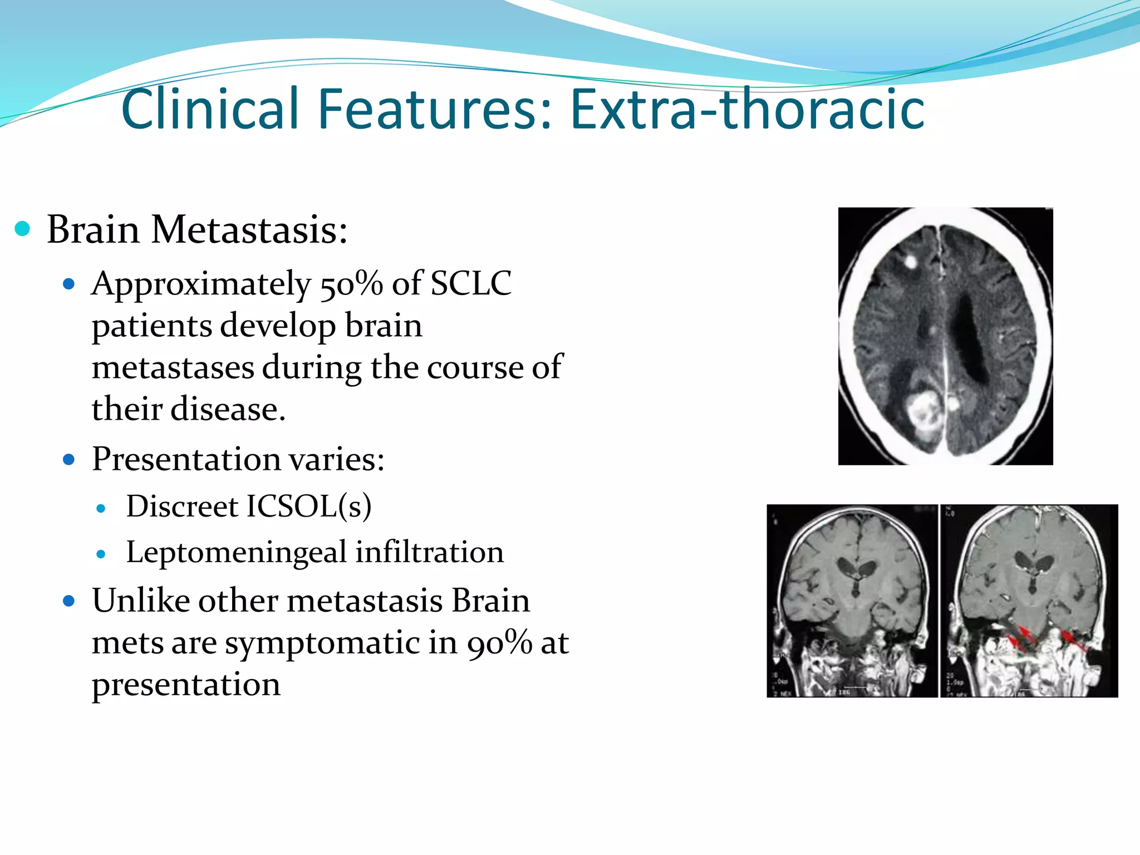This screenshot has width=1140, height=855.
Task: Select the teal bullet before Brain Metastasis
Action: [x=22, y=229]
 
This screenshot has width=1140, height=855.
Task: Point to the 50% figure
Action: [x=351, y=284]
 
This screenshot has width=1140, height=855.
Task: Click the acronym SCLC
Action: [x=471, y=284]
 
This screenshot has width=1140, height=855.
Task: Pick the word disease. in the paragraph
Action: [x=228, y=409]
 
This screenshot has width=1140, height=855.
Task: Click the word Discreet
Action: [x=182, y=507]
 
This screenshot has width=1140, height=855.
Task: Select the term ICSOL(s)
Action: [x=308, y=507]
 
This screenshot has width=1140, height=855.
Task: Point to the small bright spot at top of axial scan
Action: [x=911, y=261]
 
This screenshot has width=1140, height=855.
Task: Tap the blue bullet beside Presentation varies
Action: [x=69, y=460]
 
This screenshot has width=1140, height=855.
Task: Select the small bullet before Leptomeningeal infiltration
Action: [x=101, y=554]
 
